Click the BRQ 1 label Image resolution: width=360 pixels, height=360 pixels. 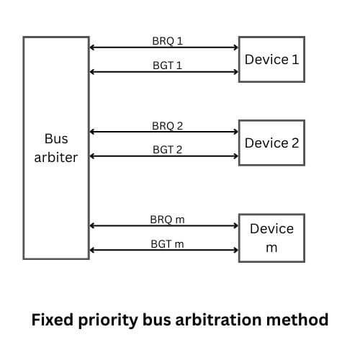(x=168, y=40)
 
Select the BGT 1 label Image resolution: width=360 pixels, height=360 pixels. (x=168, y=64)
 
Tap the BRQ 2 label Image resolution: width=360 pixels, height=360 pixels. (x=168, y=125)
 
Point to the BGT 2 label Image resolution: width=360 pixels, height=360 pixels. (x=168, y=149)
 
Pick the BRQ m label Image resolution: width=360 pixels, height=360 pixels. (x=168, y=218)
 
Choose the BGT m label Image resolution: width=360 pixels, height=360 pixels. (x=168, y=243)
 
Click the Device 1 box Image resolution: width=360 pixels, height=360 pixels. (x=271, y=59)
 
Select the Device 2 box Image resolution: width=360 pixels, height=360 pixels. (x=271, y=143)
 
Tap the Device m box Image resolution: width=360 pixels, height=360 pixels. (x=271, y=238)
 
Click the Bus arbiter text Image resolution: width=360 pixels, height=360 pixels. (x=55, y=147)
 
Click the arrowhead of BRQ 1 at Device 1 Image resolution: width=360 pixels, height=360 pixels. (x=235, y=48)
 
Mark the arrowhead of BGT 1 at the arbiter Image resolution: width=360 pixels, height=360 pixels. (x=92, y=71)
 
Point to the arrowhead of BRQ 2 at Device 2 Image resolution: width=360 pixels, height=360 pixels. (x=235, y=132)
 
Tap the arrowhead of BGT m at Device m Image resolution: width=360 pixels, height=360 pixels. (x=235, y=251)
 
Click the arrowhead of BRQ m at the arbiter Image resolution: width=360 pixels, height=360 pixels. (x=92, y=225)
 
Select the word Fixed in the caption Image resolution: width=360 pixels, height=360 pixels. (x=51, y=318)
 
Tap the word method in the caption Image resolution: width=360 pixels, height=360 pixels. (x=303, y=318)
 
